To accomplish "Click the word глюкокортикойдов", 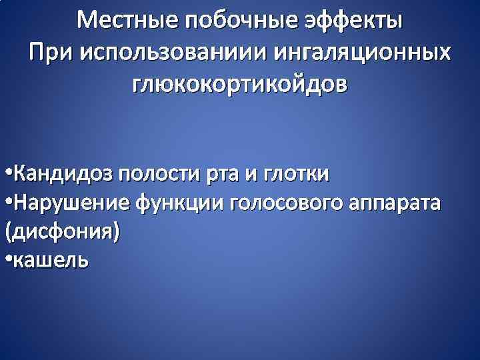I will point(240,85).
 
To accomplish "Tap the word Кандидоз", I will point(62,175).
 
